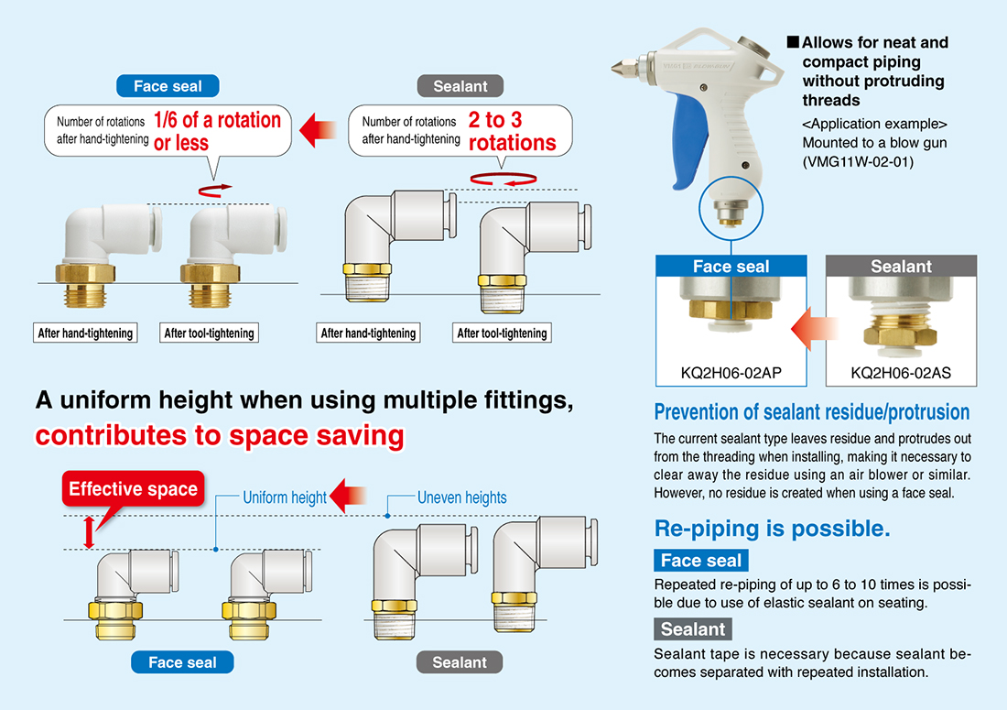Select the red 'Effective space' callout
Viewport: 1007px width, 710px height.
[x=133, y=489]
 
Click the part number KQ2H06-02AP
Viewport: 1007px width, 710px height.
[x=731, y=373]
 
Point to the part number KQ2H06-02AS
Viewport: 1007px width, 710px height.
[x=901, y=373]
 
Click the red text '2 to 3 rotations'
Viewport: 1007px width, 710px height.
[x=512, y=131]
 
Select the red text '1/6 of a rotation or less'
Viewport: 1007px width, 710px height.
[x=217, y=131]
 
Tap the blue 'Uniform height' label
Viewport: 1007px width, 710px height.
[x=285, y=498]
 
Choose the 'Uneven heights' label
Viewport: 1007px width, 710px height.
[x=461, y=498]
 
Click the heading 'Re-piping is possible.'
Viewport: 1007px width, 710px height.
[x=772, y=529]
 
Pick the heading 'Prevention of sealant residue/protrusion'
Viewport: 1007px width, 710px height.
[x=812, y=412]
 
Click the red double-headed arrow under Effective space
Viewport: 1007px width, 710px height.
[x=90, y=532]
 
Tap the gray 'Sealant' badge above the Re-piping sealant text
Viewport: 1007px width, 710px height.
[x=693, y=629]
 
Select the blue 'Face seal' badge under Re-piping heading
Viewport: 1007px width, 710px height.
[x=700, y=561]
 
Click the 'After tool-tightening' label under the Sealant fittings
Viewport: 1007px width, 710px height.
[x=502, y=333]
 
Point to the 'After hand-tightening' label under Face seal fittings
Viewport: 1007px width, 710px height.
[x=85, y=333]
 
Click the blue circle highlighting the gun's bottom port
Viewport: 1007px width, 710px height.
[x=731, y=177]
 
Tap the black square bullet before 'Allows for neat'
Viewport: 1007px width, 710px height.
[x=793, y=42]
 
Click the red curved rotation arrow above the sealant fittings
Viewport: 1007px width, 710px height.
[x=503, y=180]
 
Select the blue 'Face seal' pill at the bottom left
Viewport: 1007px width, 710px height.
[x=182, y=662]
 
